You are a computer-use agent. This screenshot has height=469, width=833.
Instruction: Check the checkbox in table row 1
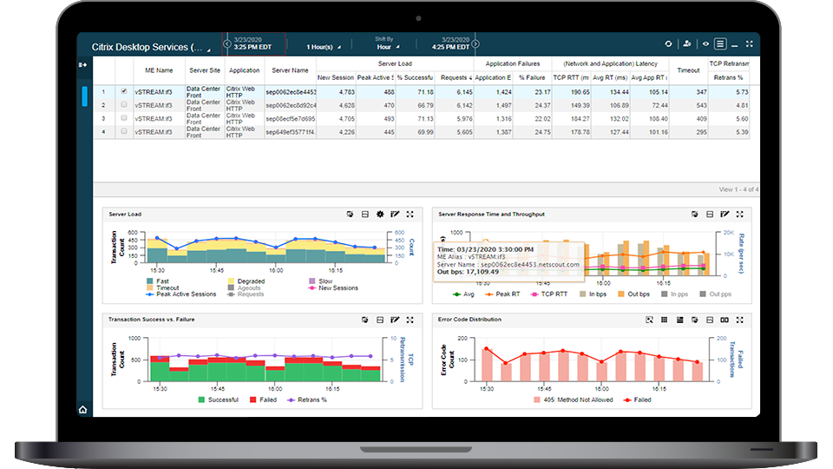(x=124, y=91)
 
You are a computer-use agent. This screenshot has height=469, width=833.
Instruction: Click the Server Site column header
(x=205, y=70)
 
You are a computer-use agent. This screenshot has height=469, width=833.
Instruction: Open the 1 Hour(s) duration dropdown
(x=324, y=47)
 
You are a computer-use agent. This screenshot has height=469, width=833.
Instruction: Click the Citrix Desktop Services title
(x=147, y=47)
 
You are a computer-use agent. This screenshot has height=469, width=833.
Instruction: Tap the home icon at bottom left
(x=83, y=409)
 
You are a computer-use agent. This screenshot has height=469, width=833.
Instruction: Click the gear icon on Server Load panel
(x=379, y=214)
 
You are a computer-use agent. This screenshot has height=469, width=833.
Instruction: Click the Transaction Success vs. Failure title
(x=149, y=320)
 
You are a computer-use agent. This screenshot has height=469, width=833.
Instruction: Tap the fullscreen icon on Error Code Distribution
(x=739, y=320)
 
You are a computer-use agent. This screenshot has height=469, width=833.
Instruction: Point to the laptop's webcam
(x=416, y=17)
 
